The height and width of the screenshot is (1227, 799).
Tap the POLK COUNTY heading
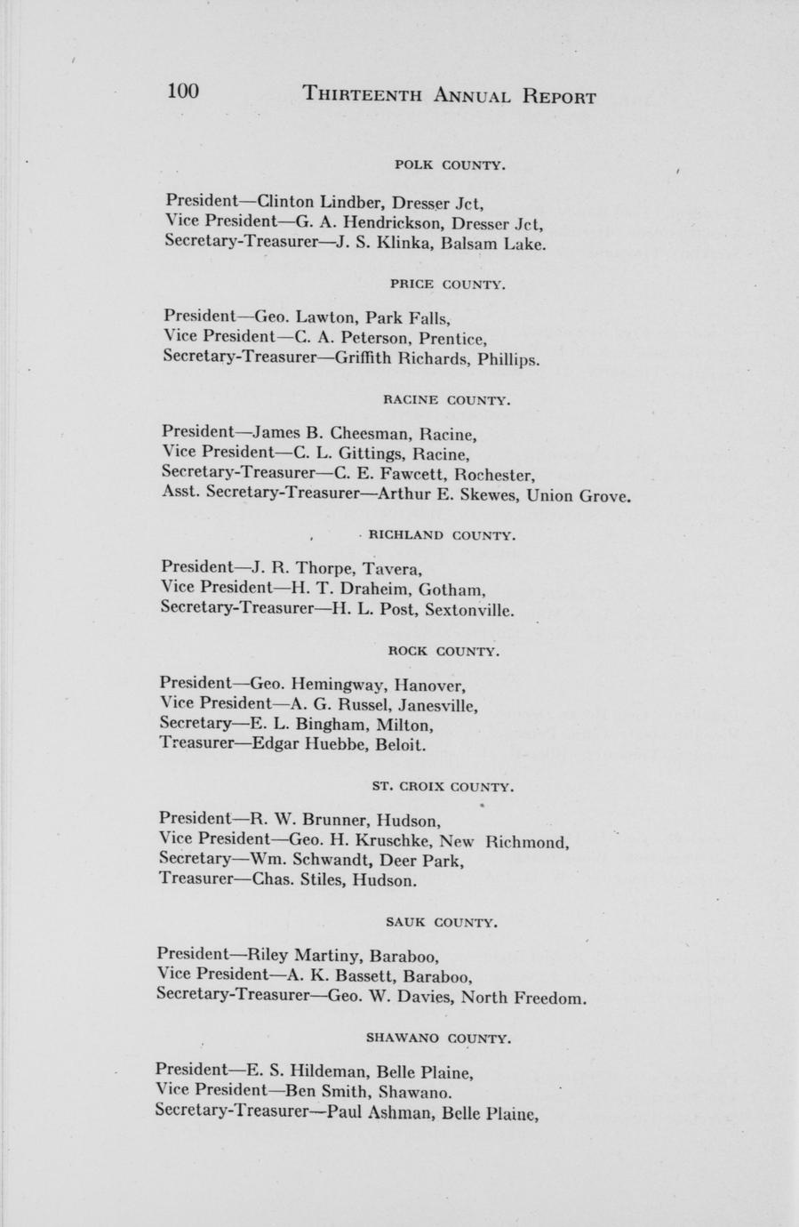450,165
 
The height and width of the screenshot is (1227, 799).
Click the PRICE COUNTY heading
447,285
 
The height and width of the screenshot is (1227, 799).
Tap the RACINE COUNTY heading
446,400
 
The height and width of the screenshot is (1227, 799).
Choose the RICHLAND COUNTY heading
442,536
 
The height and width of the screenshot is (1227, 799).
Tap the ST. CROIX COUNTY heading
442,787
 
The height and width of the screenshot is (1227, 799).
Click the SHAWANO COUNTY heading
437,1038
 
